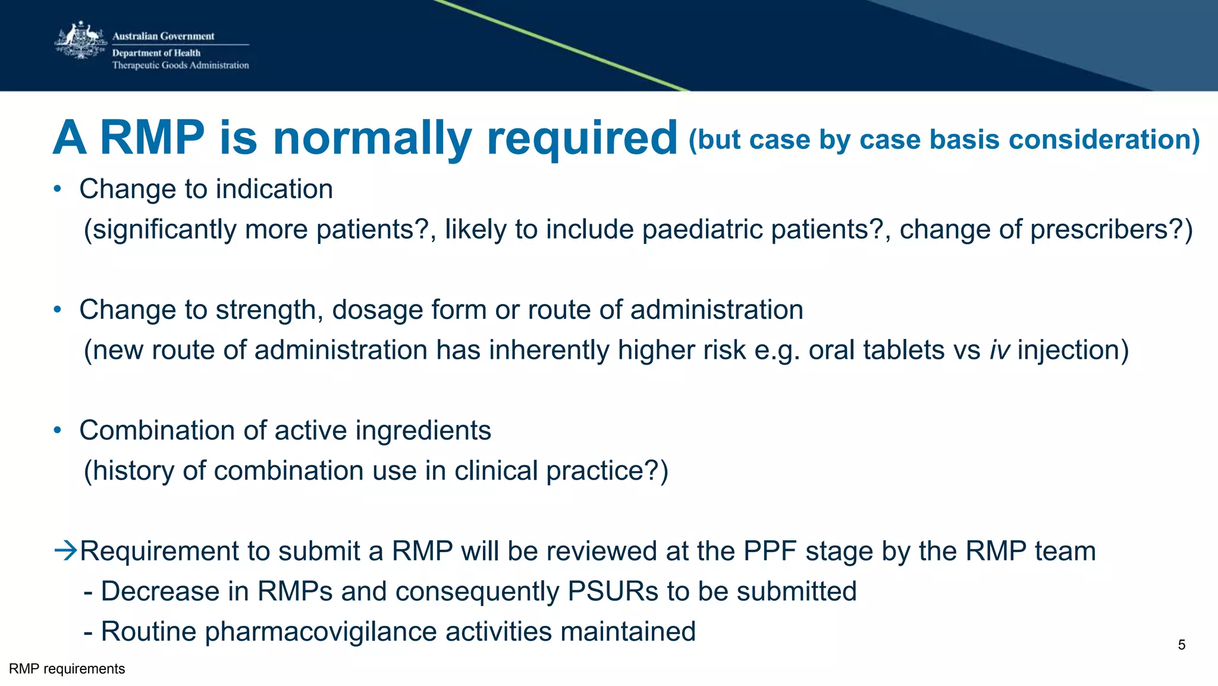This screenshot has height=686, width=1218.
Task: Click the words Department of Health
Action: click(156, 53)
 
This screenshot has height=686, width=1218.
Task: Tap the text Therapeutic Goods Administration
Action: click(180, 65)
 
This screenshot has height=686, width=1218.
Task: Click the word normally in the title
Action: click(372, 138)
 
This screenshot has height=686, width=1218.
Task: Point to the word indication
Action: click(274, 189)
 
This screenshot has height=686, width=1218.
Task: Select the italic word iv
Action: click(1000, 350)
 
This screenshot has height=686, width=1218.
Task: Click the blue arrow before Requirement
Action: click(65, 550)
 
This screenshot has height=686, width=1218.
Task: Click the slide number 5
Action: click(1181, 645)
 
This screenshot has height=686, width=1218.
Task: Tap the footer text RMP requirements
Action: click(67, 669)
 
